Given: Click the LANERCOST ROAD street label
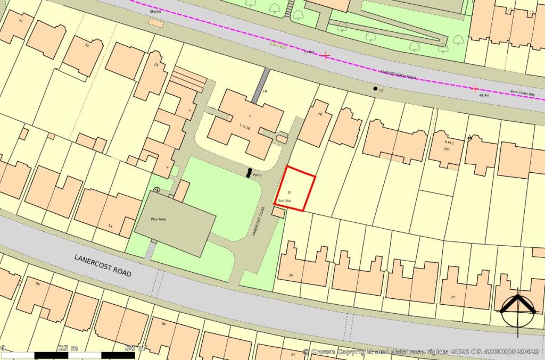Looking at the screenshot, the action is (103, 264).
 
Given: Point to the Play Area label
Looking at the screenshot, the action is (159, 219).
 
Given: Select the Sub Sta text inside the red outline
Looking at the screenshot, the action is (284, 200).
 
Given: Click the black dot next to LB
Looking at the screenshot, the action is (375, 89).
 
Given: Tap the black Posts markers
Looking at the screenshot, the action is (249, 172).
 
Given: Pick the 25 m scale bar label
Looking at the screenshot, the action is (68, 348).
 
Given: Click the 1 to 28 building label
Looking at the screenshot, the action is (245, 126).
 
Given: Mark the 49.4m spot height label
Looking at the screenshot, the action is (484, 95).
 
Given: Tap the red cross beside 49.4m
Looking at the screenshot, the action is (475, 88).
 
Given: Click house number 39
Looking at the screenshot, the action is (291, 275).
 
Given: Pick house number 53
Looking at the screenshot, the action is (110, 227).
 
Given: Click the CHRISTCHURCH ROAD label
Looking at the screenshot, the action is (398, 76).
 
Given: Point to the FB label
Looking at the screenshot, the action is (265, 91).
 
